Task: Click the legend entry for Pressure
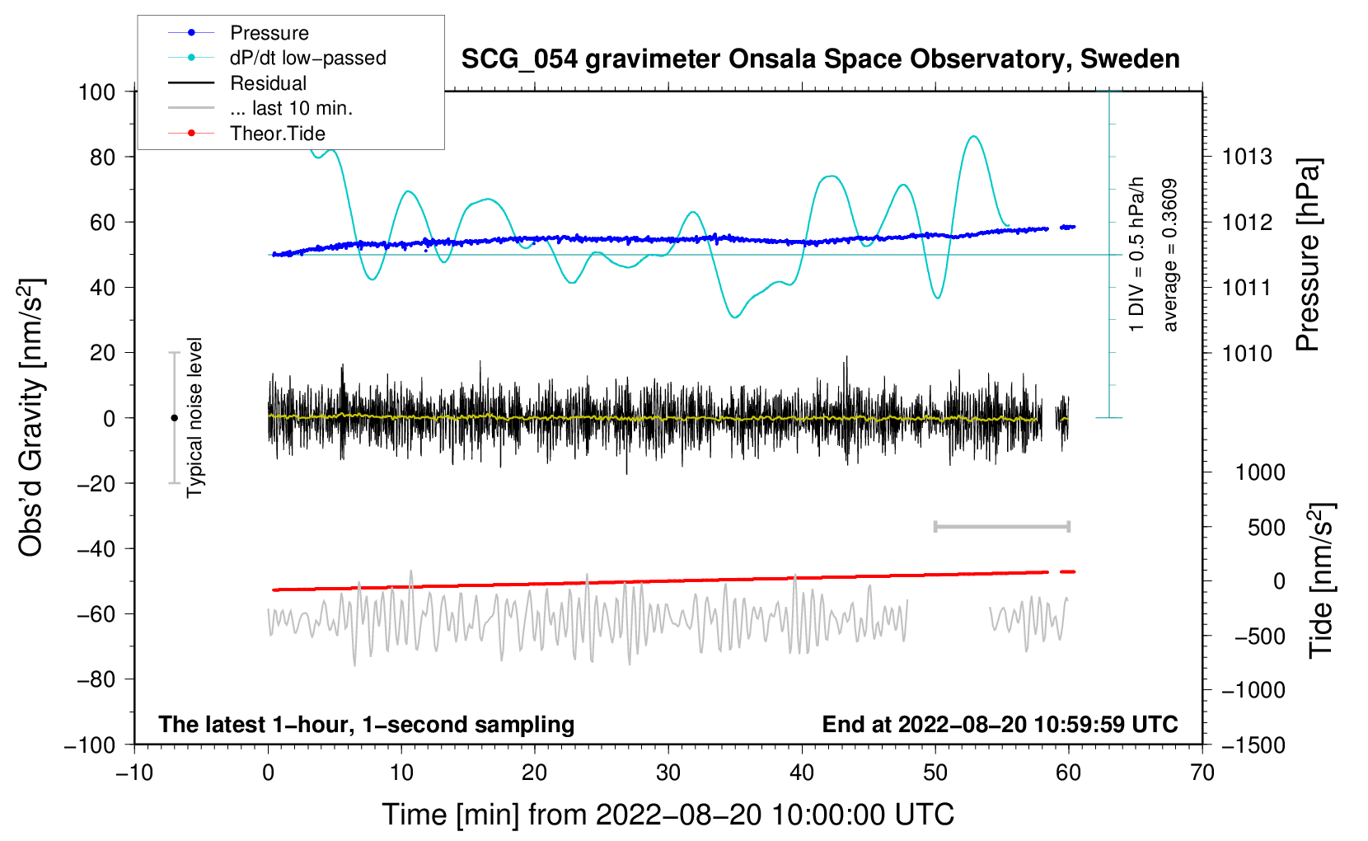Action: point(238,32)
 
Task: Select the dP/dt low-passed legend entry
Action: point(277,58)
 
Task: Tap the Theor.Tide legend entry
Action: point(246,134)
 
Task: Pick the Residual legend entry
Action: point(237,83)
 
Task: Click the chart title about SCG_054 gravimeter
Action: point(820,59)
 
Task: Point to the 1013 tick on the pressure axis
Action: point(1247,157)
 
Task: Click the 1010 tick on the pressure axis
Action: point(1247,353)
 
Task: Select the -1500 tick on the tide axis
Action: point(1253,745)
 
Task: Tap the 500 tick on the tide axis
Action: point(1266,528)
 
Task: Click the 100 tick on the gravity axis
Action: point(97,92)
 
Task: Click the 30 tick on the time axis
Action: point(668,773)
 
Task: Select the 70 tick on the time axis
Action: point(1202,773)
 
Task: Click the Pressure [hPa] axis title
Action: point(1309,255)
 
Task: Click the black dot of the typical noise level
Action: point(174,418)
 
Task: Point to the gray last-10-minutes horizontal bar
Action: point(1001,527)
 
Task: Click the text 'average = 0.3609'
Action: point(1169,256)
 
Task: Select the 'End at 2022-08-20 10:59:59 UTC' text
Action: point(1000,724)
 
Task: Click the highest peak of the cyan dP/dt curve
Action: point(973,136)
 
